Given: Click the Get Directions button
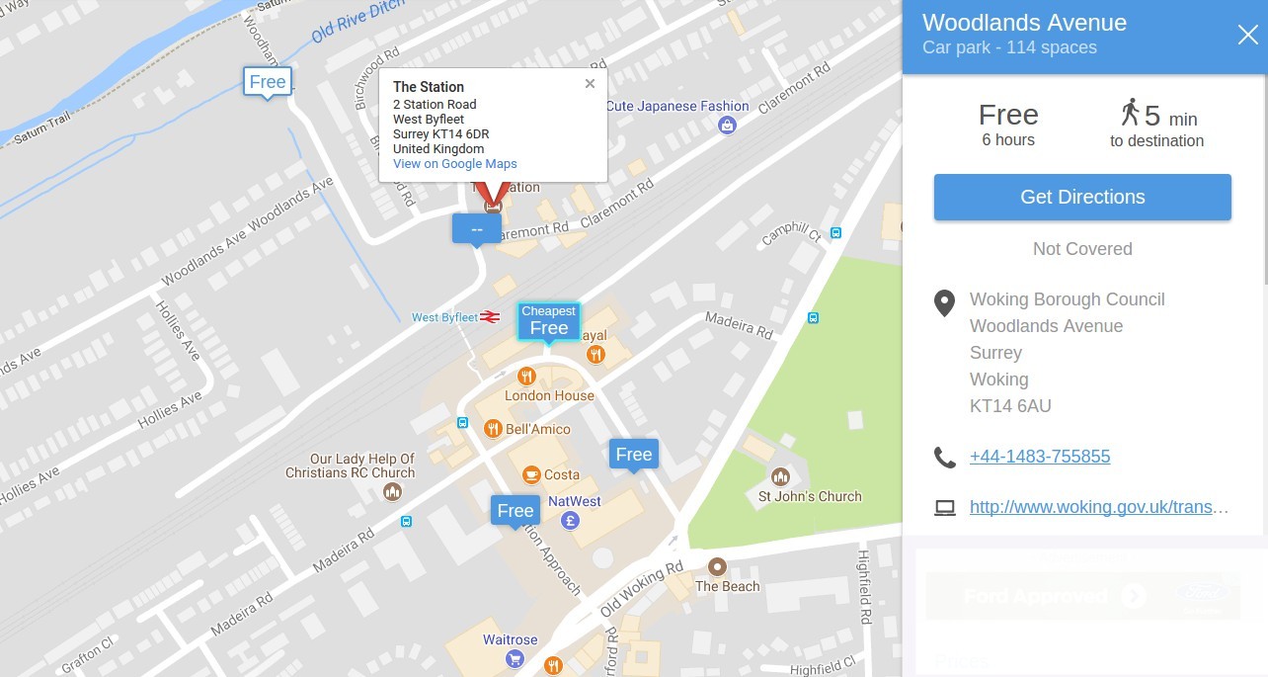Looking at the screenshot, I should pos(1082,197).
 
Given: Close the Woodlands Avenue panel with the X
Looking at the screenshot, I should pos(1247,36).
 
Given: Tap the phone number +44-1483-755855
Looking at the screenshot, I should pos(1040,457).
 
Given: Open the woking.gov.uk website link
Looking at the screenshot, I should pos(1099,507).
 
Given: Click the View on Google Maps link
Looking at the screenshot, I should pos(454,164).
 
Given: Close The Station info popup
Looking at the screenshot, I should pos(590,84).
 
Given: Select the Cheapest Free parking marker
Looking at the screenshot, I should pos(549,322).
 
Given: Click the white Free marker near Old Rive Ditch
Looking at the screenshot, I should pos(268,82).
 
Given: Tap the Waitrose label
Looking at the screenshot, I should pos(510,639).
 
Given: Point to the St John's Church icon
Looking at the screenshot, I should pos(780,477).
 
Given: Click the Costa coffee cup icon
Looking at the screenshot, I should pos(531,474).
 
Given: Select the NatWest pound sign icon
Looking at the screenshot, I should pos(569,520).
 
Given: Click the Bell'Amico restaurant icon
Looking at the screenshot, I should pos(493,429).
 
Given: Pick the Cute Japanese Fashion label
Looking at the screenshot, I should pos(677,106).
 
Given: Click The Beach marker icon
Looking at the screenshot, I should pos(718,567).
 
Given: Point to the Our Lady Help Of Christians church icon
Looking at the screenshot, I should pos(393,491).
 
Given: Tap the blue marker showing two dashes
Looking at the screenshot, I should pos(477,228).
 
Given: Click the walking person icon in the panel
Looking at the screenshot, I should pos(1130,112).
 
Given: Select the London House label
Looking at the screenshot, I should pos(549,395).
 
